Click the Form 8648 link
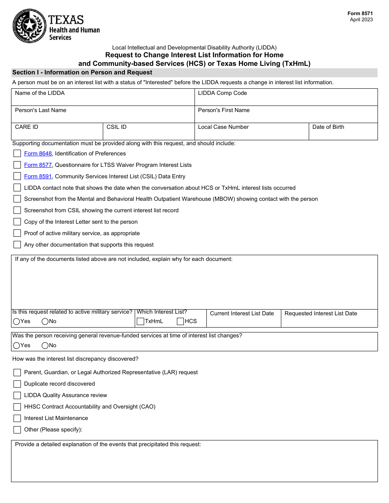(x=38, y=154)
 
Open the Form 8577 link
(x=38, y=165)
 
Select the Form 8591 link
(x=38, y=177)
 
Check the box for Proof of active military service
(x=17, y=234)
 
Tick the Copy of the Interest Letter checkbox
(x=17, y=222)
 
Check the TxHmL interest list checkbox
(x=140, y=321)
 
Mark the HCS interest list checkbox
(x=180, y=321)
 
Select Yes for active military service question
(x=16, y=321)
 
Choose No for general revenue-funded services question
(x=45, y=346)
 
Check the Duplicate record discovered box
(x=17, y=384)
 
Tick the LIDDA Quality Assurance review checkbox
(x=17, y=395)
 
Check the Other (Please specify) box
(x=17, y=430)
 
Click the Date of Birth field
(x=343, y=135)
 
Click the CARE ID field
(x=57, y=135)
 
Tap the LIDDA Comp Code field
(x=286, y=100)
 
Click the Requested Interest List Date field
(x=329, y=321)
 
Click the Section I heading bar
(x=194, y=73)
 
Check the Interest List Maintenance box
(x=17, y=418)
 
